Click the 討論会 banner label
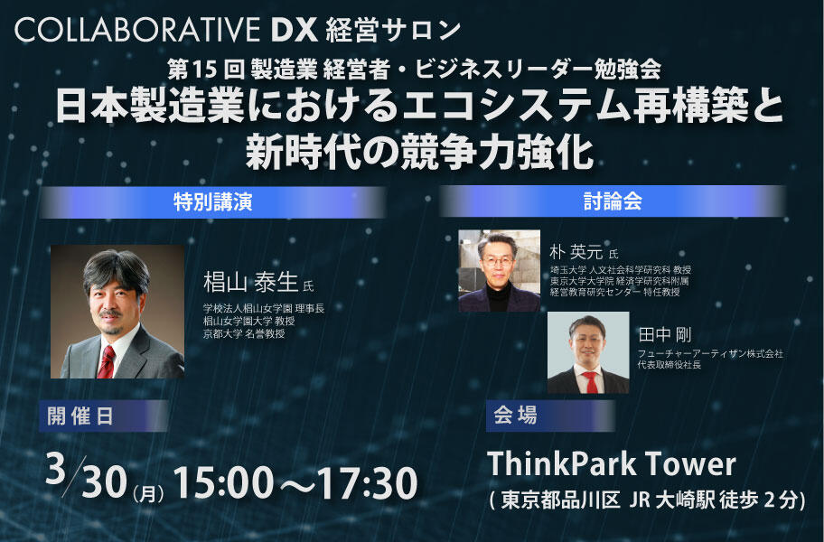(613, 201)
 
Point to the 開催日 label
(81, 416)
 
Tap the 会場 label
(516, 416)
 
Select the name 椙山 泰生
(250, 283)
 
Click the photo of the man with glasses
(499, 270)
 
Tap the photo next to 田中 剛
(587, 353)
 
